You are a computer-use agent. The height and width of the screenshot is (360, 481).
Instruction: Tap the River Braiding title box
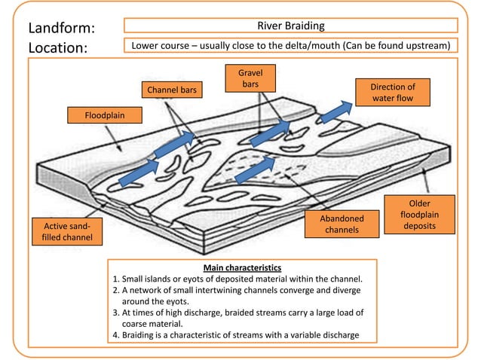(x=290, y=26)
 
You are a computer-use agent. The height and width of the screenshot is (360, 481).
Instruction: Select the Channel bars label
(x=171, y=90)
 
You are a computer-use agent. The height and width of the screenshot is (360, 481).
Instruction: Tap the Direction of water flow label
(x=392, y=93)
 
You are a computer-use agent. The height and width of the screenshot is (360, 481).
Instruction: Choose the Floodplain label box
(x=96, y=115)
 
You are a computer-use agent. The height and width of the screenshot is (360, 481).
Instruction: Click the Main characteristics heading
(x=243, y=267)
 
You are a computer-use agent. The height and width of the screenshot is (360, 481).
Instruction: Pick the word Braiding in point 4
(x=141, y=335)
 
